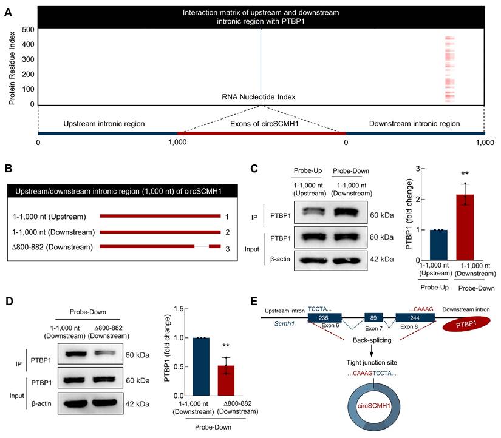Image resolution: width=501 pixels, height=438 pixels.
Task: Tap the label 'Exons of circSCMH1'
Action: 261,124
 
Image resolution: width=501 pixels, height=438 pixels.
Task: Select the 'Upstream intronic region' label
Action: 104,124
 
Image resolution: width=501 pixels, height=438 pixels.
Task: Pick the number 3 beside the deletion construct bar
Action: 226,246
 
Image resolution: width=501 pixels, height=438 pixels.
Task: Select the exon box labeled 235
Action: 324,317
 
